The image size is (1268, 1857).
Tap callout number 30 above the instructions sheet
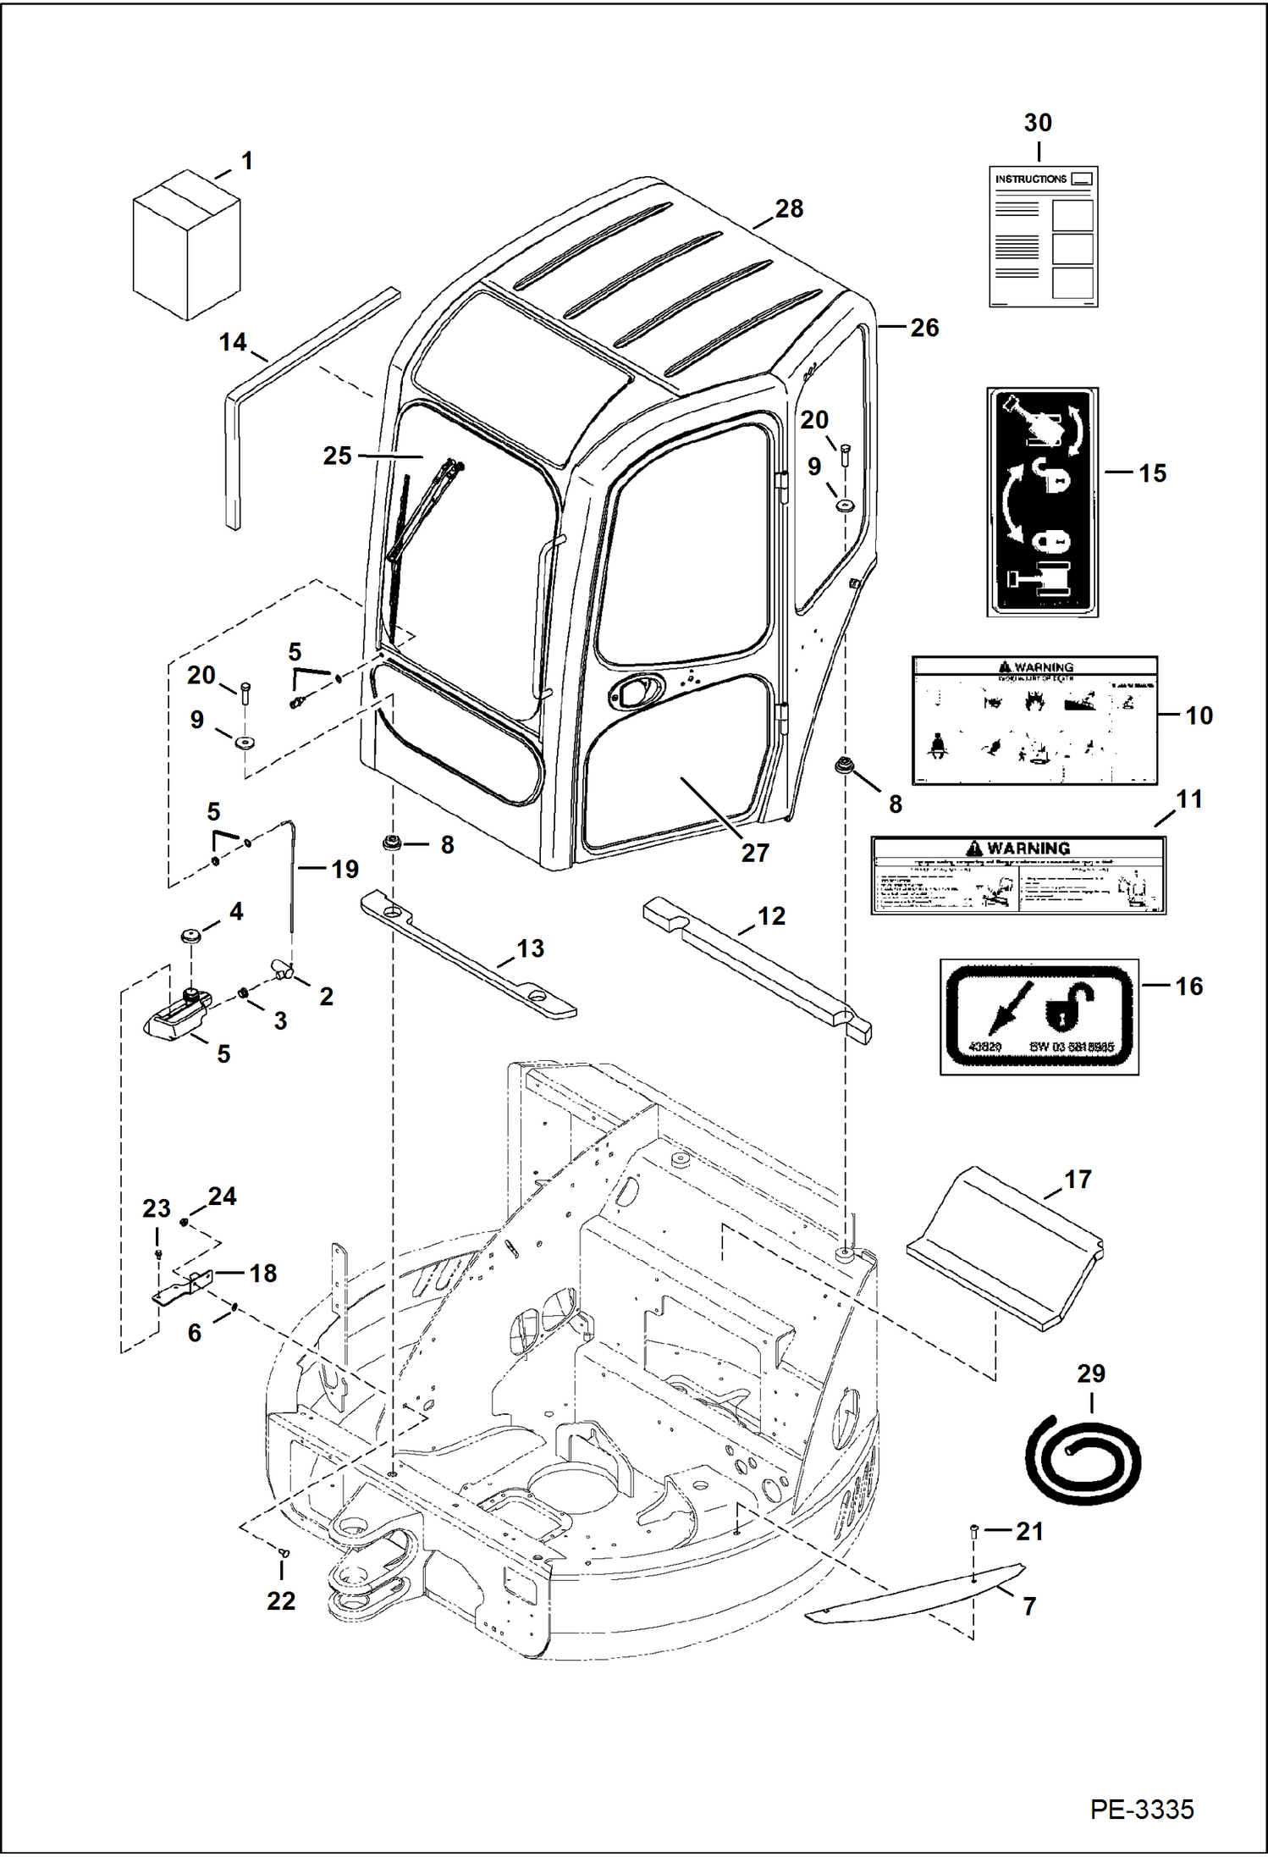(x=1038, y=123)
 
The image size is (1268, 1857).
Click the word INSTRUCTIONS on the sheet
(x=1030, y=180)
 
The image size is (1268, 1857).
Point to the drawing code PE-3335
(x=1141, y=1810)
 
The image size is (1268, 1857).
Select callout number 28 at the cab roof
(x=789, y=208)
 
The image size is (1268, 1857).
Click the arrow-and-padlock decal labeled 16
(x=1039, y=1017)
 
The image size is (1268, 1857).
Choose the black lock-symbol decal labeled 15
(x=1043, y=503)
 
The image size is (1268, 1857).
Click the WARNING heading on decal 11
(x=1028, y=848)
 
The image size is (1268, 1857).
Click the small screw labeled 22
(x=284, y=1553)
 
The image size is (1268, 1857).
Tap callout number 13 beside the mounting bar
(x=530, y=949)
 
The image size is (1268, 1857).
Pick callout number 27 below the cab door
(x=754, y=853)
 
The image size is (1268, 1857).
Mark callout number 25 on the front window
(x=337, y=456)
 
